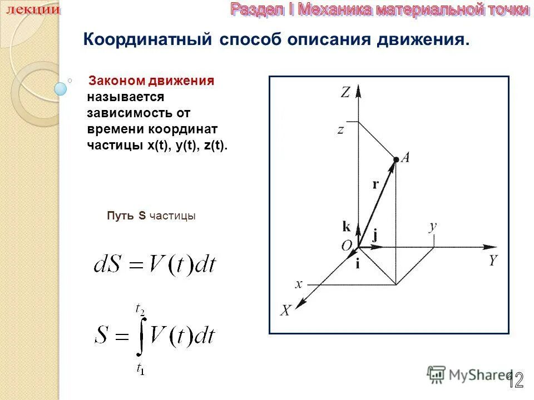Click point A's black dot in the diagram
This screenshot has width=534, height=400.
point(395,159)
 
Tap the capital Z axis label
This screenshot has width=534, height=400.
point(345,92)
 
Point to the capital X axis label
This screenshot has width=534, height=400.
point(285,311)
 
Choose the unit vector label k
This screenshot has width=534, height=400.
point(346,226)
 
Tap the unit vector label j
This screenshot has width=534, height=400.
point(375,234)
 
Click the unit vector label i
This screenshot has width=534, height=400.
point(358,264)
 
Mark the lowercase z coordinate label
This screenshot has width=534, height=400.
point(340,130)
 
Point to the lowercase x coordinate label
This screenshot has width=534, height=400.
point(299,284)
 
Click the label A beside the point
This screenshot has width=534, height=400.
point(406,158)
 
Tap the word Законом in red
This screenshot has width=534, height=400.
point(116,82)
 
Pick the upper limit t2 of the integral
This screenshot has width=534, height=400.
point(140,307)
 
